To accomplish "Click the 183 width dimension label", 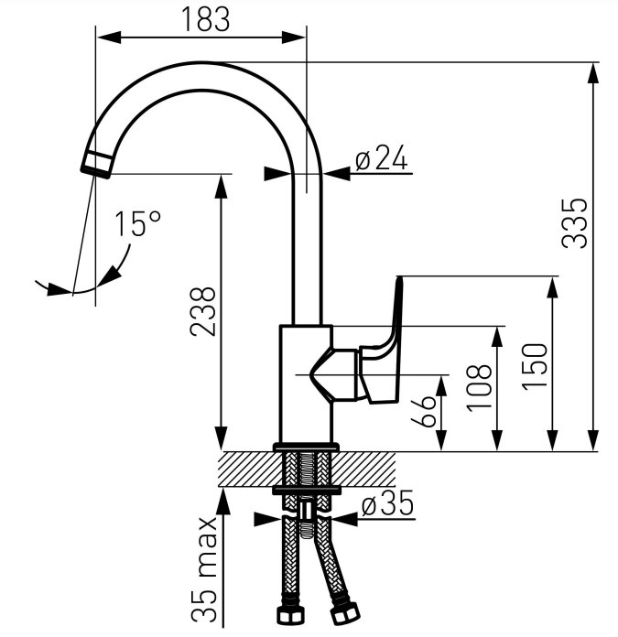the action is click(206, 19).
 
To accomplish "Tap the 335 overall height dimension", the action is click(575, 223).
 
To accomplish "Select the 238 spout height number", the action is click(202, 311).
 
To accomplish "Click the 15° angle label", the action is click(138, 223).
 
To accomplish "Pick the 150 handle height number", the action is click(535, 367).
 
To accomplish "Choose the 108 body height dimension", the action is click(480, 388).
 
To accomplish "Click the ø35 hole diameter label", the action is click(387, 502).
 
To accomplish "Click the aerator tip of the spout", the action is click(98, 165).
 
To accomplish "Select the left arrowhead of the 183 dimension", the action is click(109, 38).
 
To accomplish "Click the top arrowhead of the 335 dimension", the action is click(593, 74).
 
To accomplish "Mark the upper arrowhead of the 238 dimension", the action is click(221, 187).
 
